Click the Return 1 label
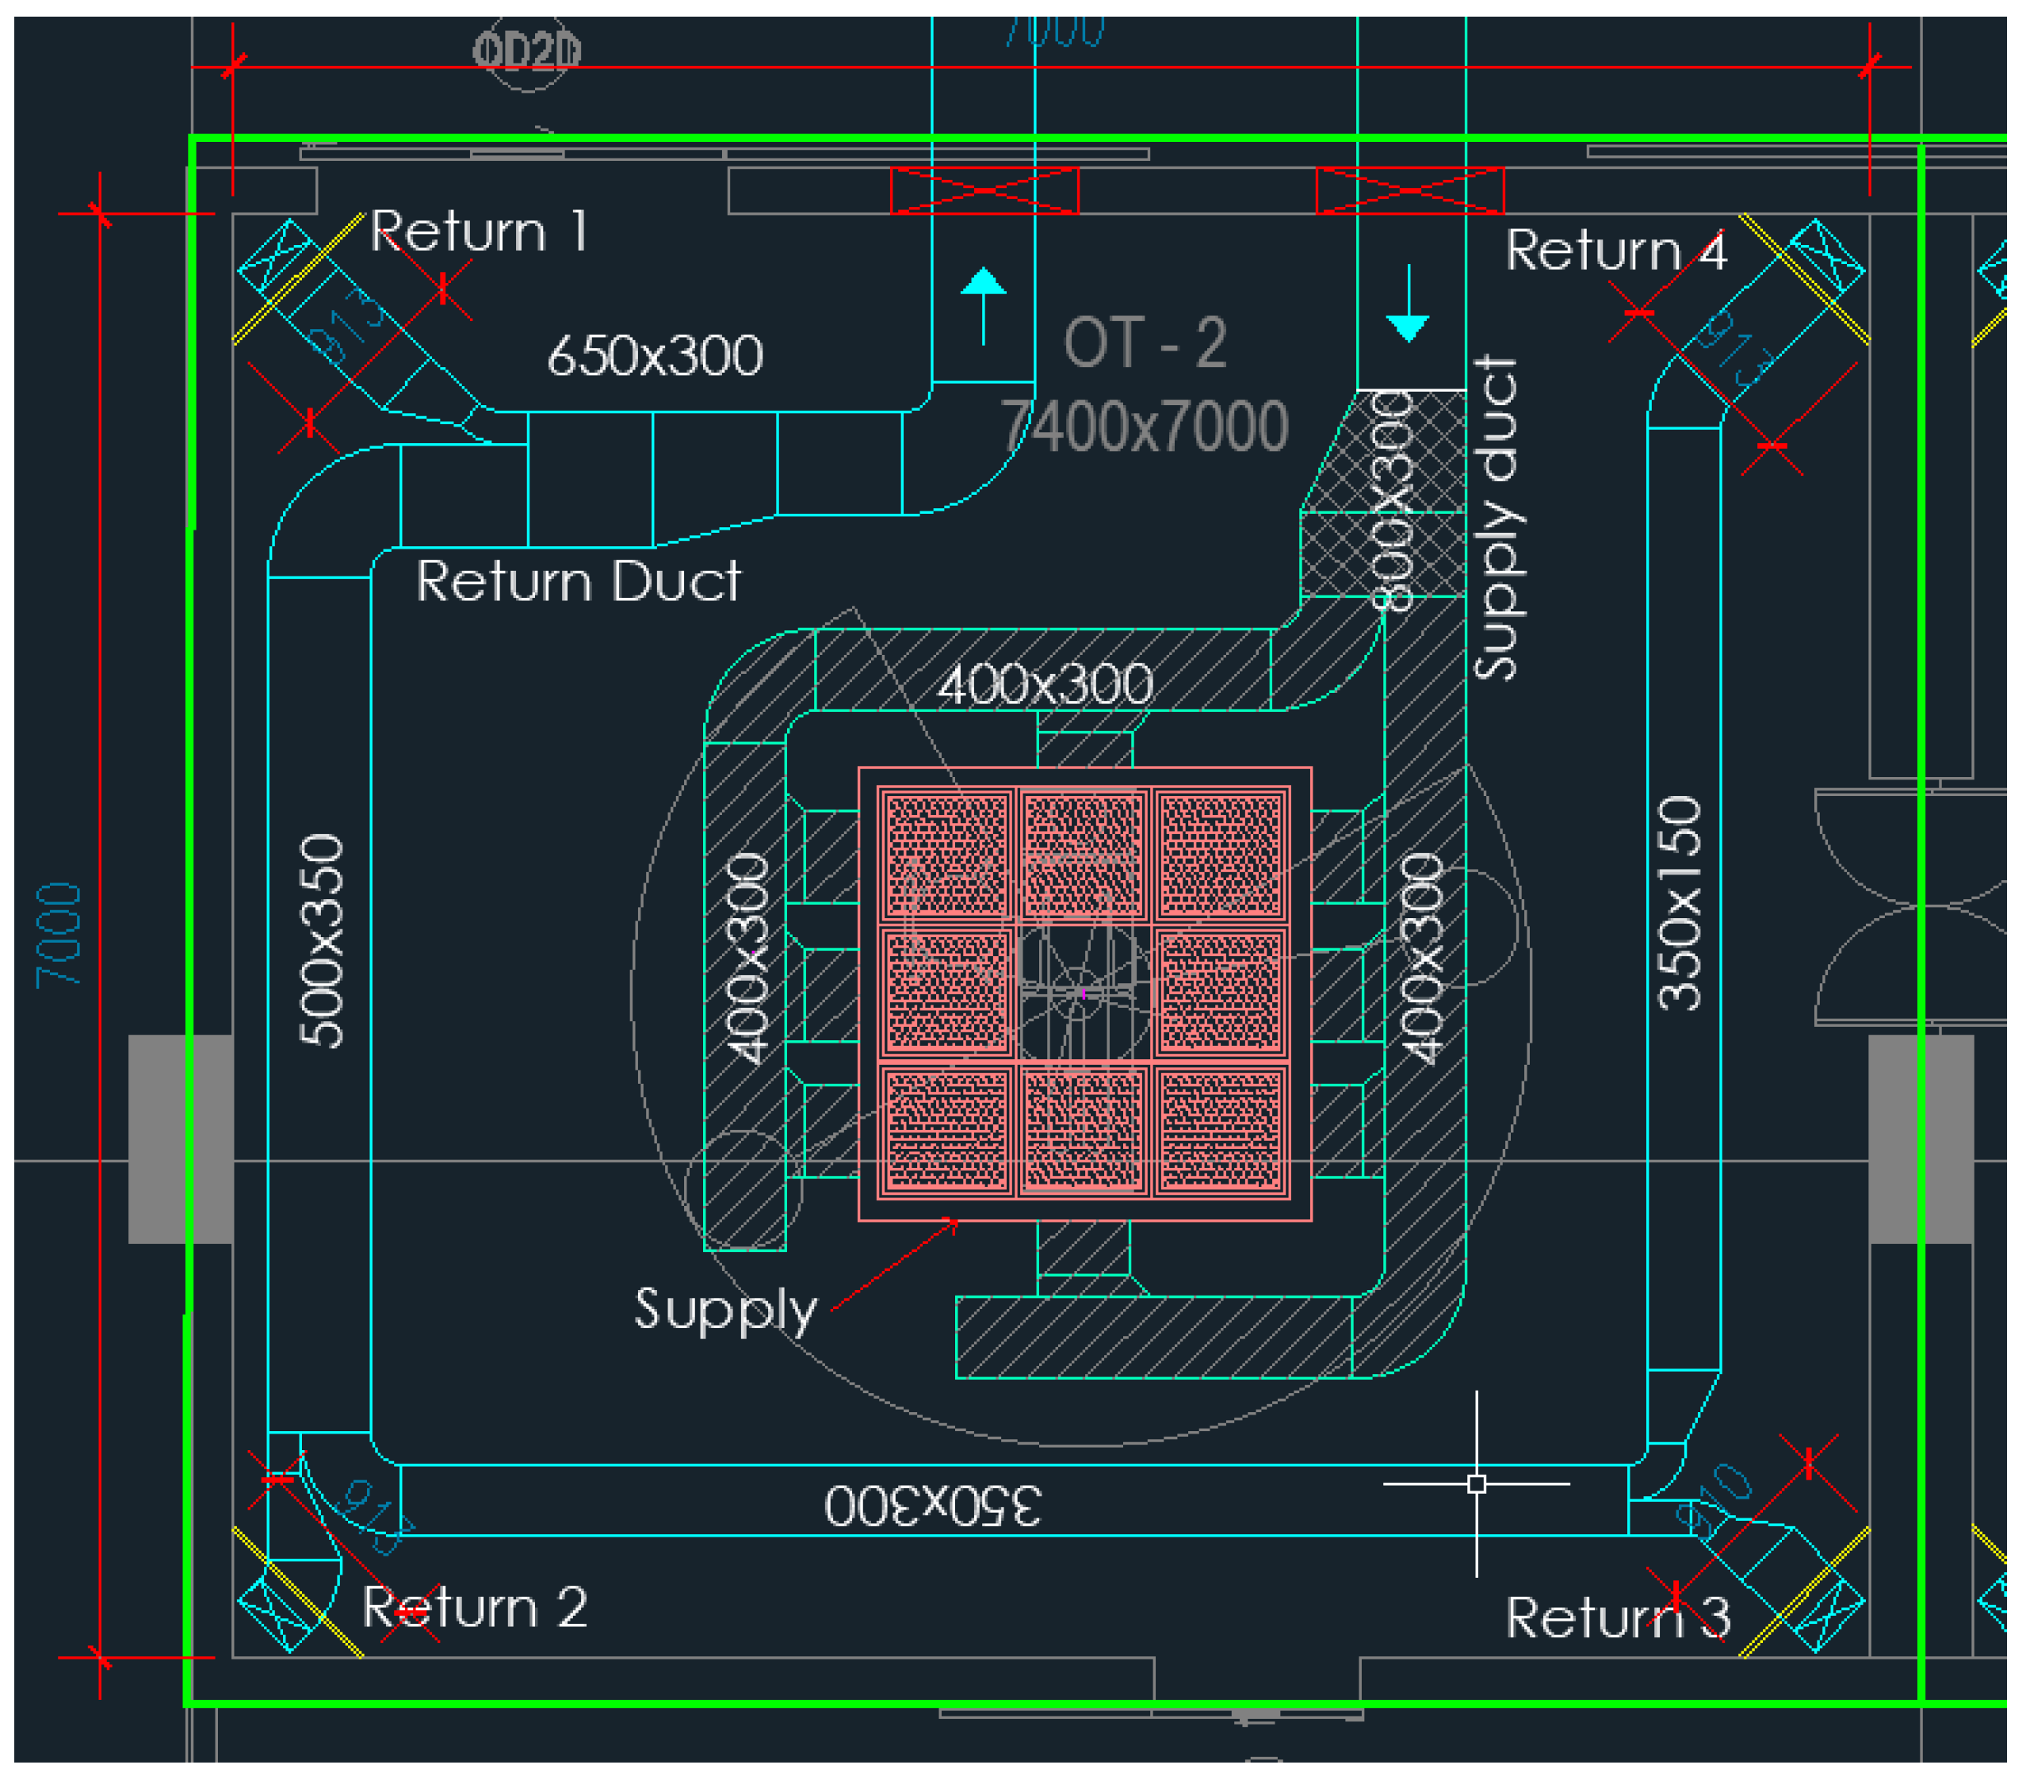[480, 232]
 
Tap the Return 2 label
[474, 1607]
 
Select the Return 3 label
[1618, 1618]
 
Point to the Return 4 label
[1615, 250]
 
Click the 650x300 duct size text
[656, 355]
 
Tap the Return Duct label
[578, 581]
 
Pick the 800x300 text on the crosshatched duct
[1392, 501]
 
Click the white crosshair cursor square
[1476, 1483]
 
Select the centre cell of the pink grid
[1084, 992]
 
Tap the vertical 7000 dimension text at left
[59, 935]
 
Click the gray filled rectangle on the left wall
[181, 1139]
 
